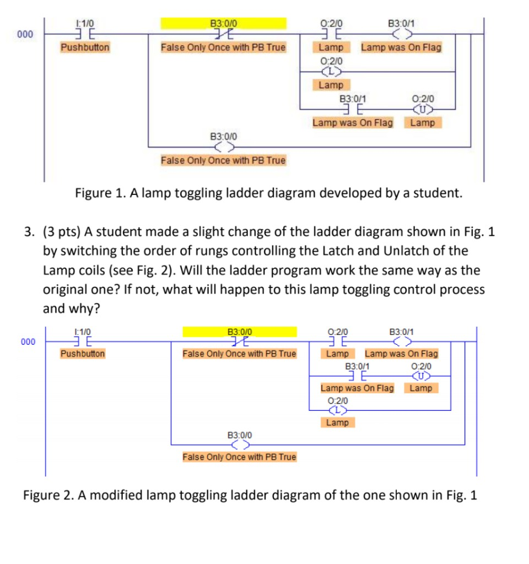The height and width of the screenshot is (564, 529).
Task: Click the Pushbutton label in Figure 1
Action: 85,47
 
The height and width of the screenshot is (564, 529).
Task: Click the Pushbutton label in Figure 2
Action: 83,353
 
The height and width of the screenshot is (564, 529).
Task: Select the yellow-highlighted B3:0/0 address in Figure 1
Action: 224,23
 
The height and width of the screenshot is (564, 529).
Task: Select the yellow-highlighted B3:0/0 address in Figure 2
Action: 240,332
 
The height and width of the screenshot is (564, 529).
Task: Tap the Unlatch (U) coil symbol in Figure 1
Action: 423,110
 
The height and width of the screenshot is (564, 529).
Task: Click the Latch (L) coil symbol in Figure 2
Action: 337,410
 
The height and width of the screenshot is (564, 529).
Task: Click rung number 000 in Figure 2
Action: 28,341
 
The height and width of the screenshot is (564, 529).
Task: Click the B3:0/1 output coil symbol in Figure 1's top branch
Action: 401,34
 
